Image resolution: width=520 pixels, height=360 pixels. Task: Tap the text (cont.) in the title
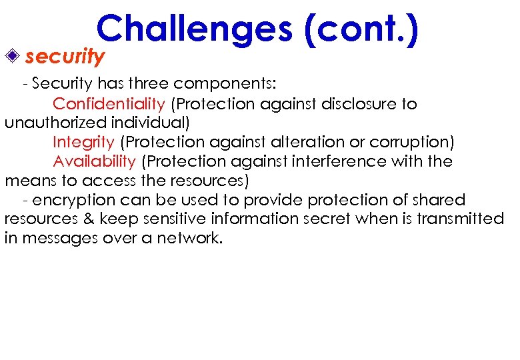pos(361,30)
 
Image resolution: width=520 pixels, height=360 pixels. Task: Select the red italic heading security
pos(65,57)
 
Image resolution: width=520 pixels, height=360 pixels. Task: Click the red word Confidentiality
pos(109,104)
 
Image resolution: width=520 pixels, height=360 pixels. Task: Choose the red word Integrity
pos(83,142)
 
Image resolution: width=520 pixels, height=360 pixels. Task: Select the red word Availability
pos(94,161)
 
